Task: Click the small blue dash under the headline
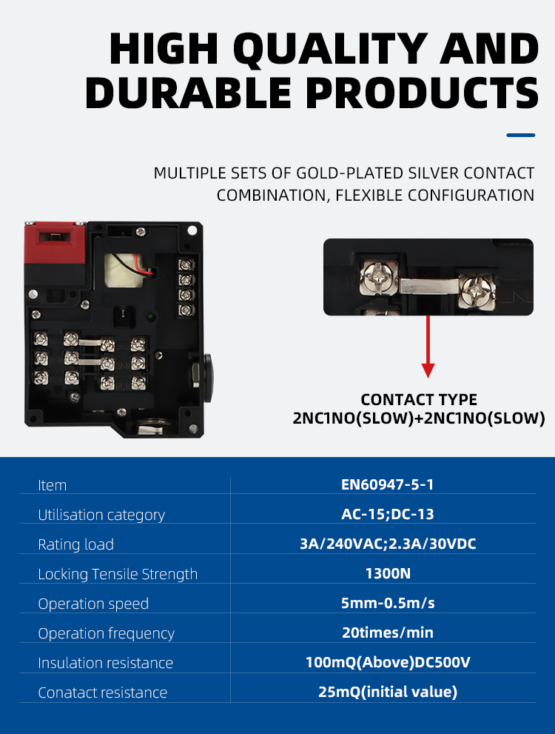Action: pos(521,136)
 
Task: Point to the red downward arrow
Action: pos(428,347)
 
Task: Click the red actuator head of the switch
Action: pos(55,243)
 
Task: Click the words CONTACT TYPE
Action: pos(419,400)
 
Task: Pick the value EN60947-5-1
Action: pos(388,484)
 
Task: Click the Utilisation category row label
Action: pos(101,515)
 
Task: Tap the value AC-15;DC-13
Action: pos(388,515)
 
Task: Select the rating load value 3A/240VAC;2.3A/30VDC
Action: pos(388,544)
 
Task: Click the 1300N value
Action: pos(388,573)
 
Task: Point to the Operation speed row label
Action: pos(93,604)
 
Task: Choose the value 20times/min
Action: pos(388,633)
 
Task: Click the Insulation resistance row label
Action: pos(106,663)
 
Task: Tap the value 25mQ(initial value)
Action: pos(388,692)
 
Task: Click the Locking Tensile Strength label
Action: pos(118,574)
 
